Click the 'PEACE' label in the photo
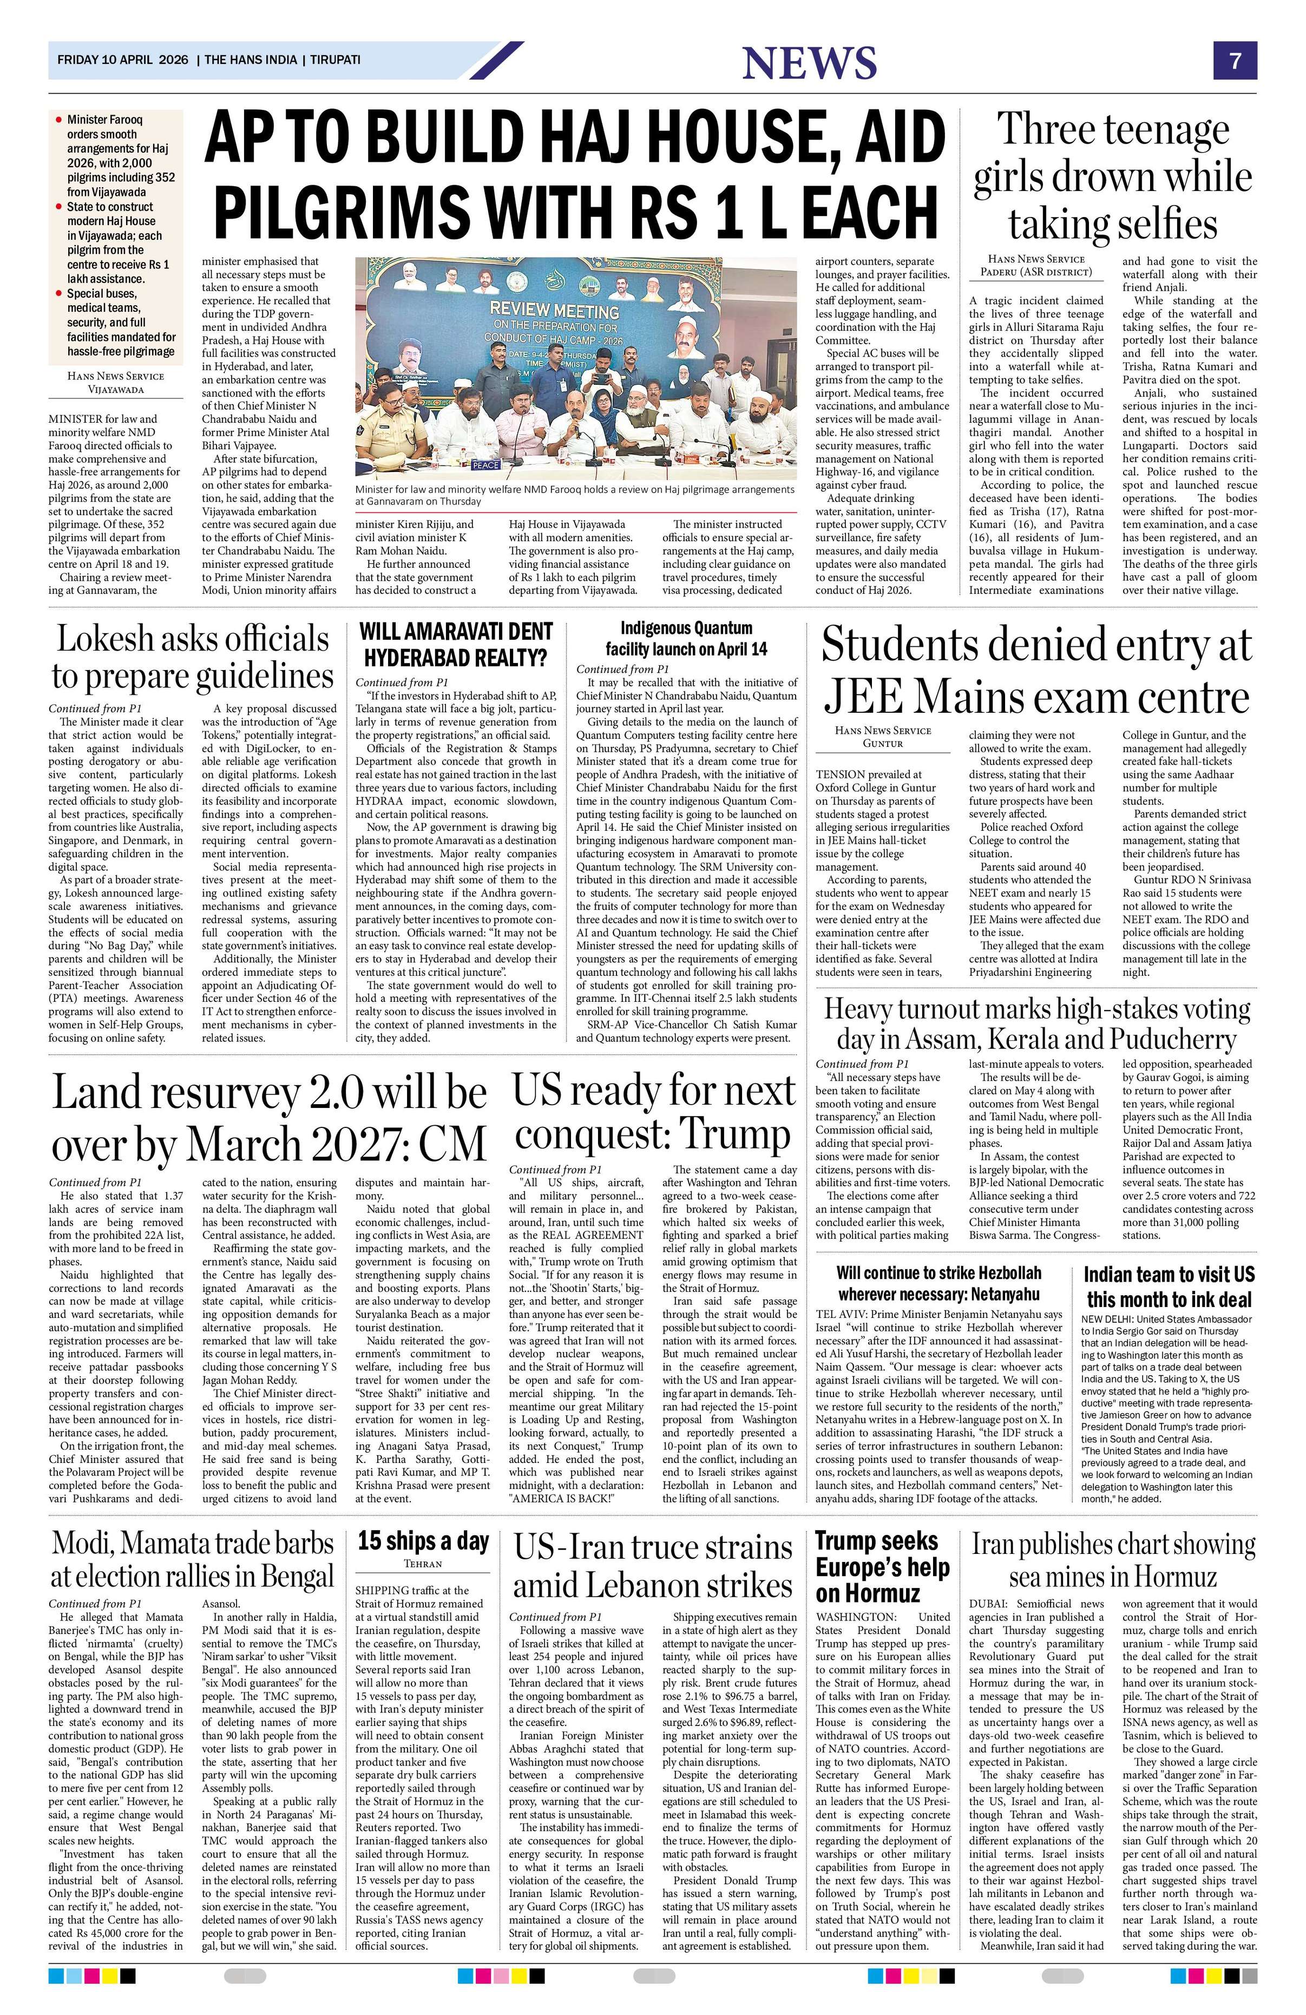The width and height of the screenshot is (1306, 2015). pos(486,465)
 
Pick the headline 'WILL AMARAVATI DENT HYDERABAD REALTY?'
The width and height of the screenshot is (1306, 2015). pos(455,644)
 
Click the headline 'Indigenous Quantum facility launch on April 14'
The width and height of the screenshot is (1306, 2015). pos(686,638)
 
